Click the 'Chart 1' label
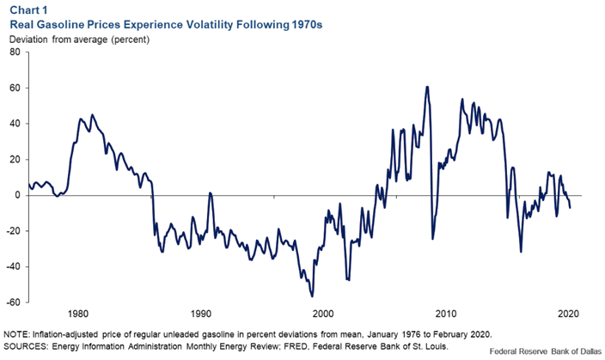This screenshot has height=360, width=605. pyautogui.click(x=27, y=10)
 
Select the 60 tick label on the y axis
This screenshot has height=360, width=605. pyautogui.click(x=15, y=88)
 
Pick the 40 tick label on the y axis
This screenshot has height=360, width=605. pyautogui.click(x=15, y=124)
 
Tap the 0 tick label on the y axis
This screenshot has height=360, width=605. pyautogui.click(x=17, y=195)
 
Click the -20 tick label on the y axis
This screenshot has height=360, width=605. pyautogui.click(x=13, y=231)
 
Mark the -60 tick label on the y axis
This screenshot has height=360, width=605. pyautogui.click(x=13, y=302)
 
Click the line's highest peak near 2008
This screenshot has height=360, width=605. pyautogui.click(x=426, y=87)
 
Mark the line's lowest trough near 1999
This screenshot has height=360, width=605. pyautogui.click(x=312, y=296)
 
